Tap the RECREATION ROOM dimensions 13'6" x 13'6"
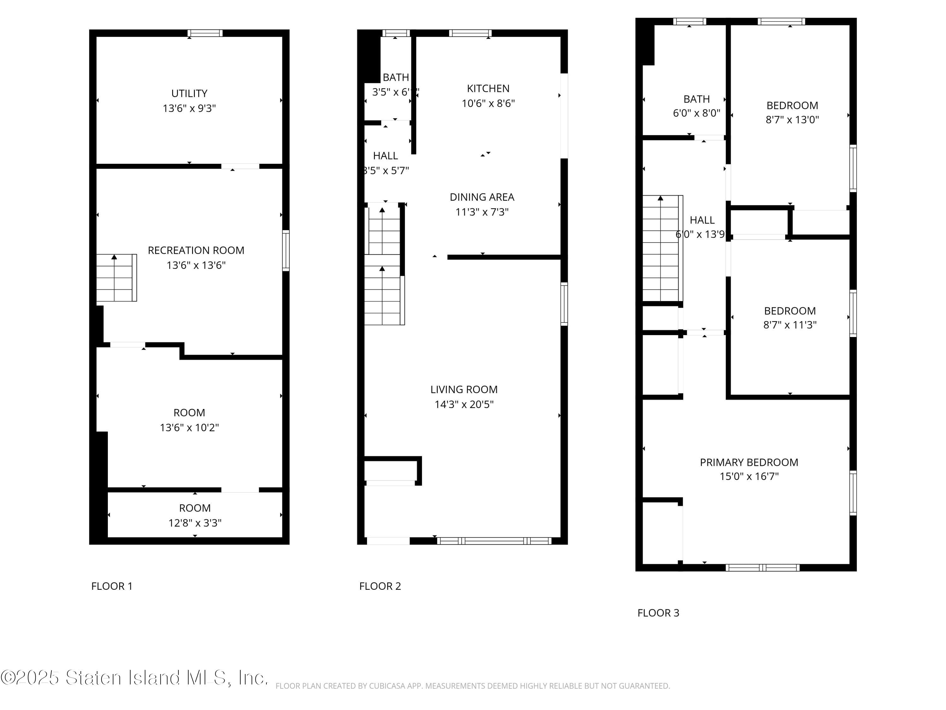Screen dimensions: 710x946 [196, 265]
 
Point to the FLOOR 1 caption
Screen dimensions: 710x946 [112, 586]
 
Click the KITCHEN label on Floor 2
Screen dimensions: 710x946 [488, 89]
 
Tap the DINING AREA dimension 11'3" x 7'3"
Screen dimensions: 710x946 [482, 212]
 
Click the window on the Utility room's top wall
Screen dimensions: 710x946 [205, 33]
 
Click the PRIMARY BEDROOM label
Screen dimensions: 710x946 [749, 462]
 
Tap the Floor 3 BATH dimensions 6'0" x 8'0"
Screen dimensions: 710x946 [696, 113]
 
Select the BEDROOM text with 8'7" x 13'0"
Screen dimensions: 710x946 [792, 105]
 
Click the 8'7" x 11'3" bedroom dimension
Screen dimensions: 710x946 [790, 325]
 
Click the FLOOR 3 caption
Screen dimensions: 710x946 [658, 613]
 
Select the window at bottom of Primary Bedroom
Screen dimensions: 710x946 [762, 568]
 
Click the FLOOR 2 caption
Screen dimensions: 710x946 [380, 586]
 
